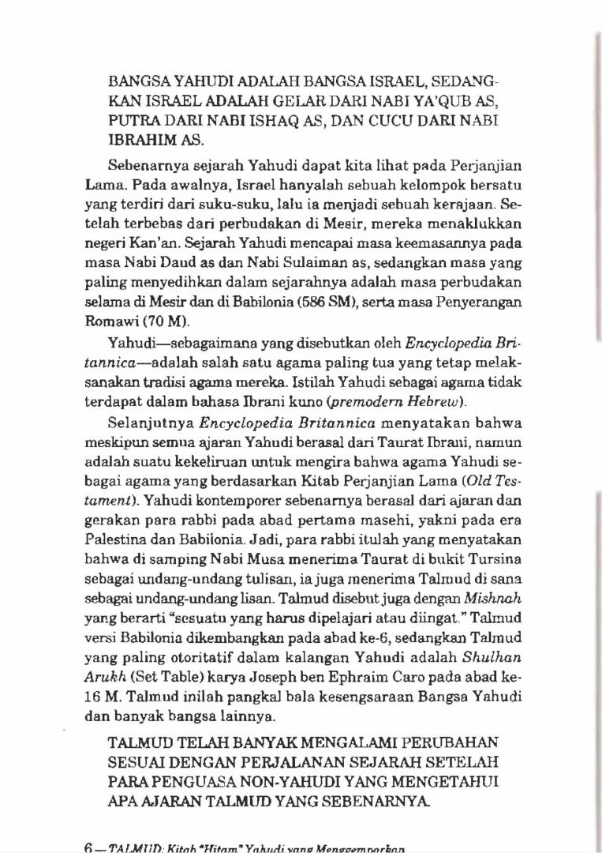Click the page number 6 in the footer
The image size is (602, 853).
pyautogui.click(x=89, y=845)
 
